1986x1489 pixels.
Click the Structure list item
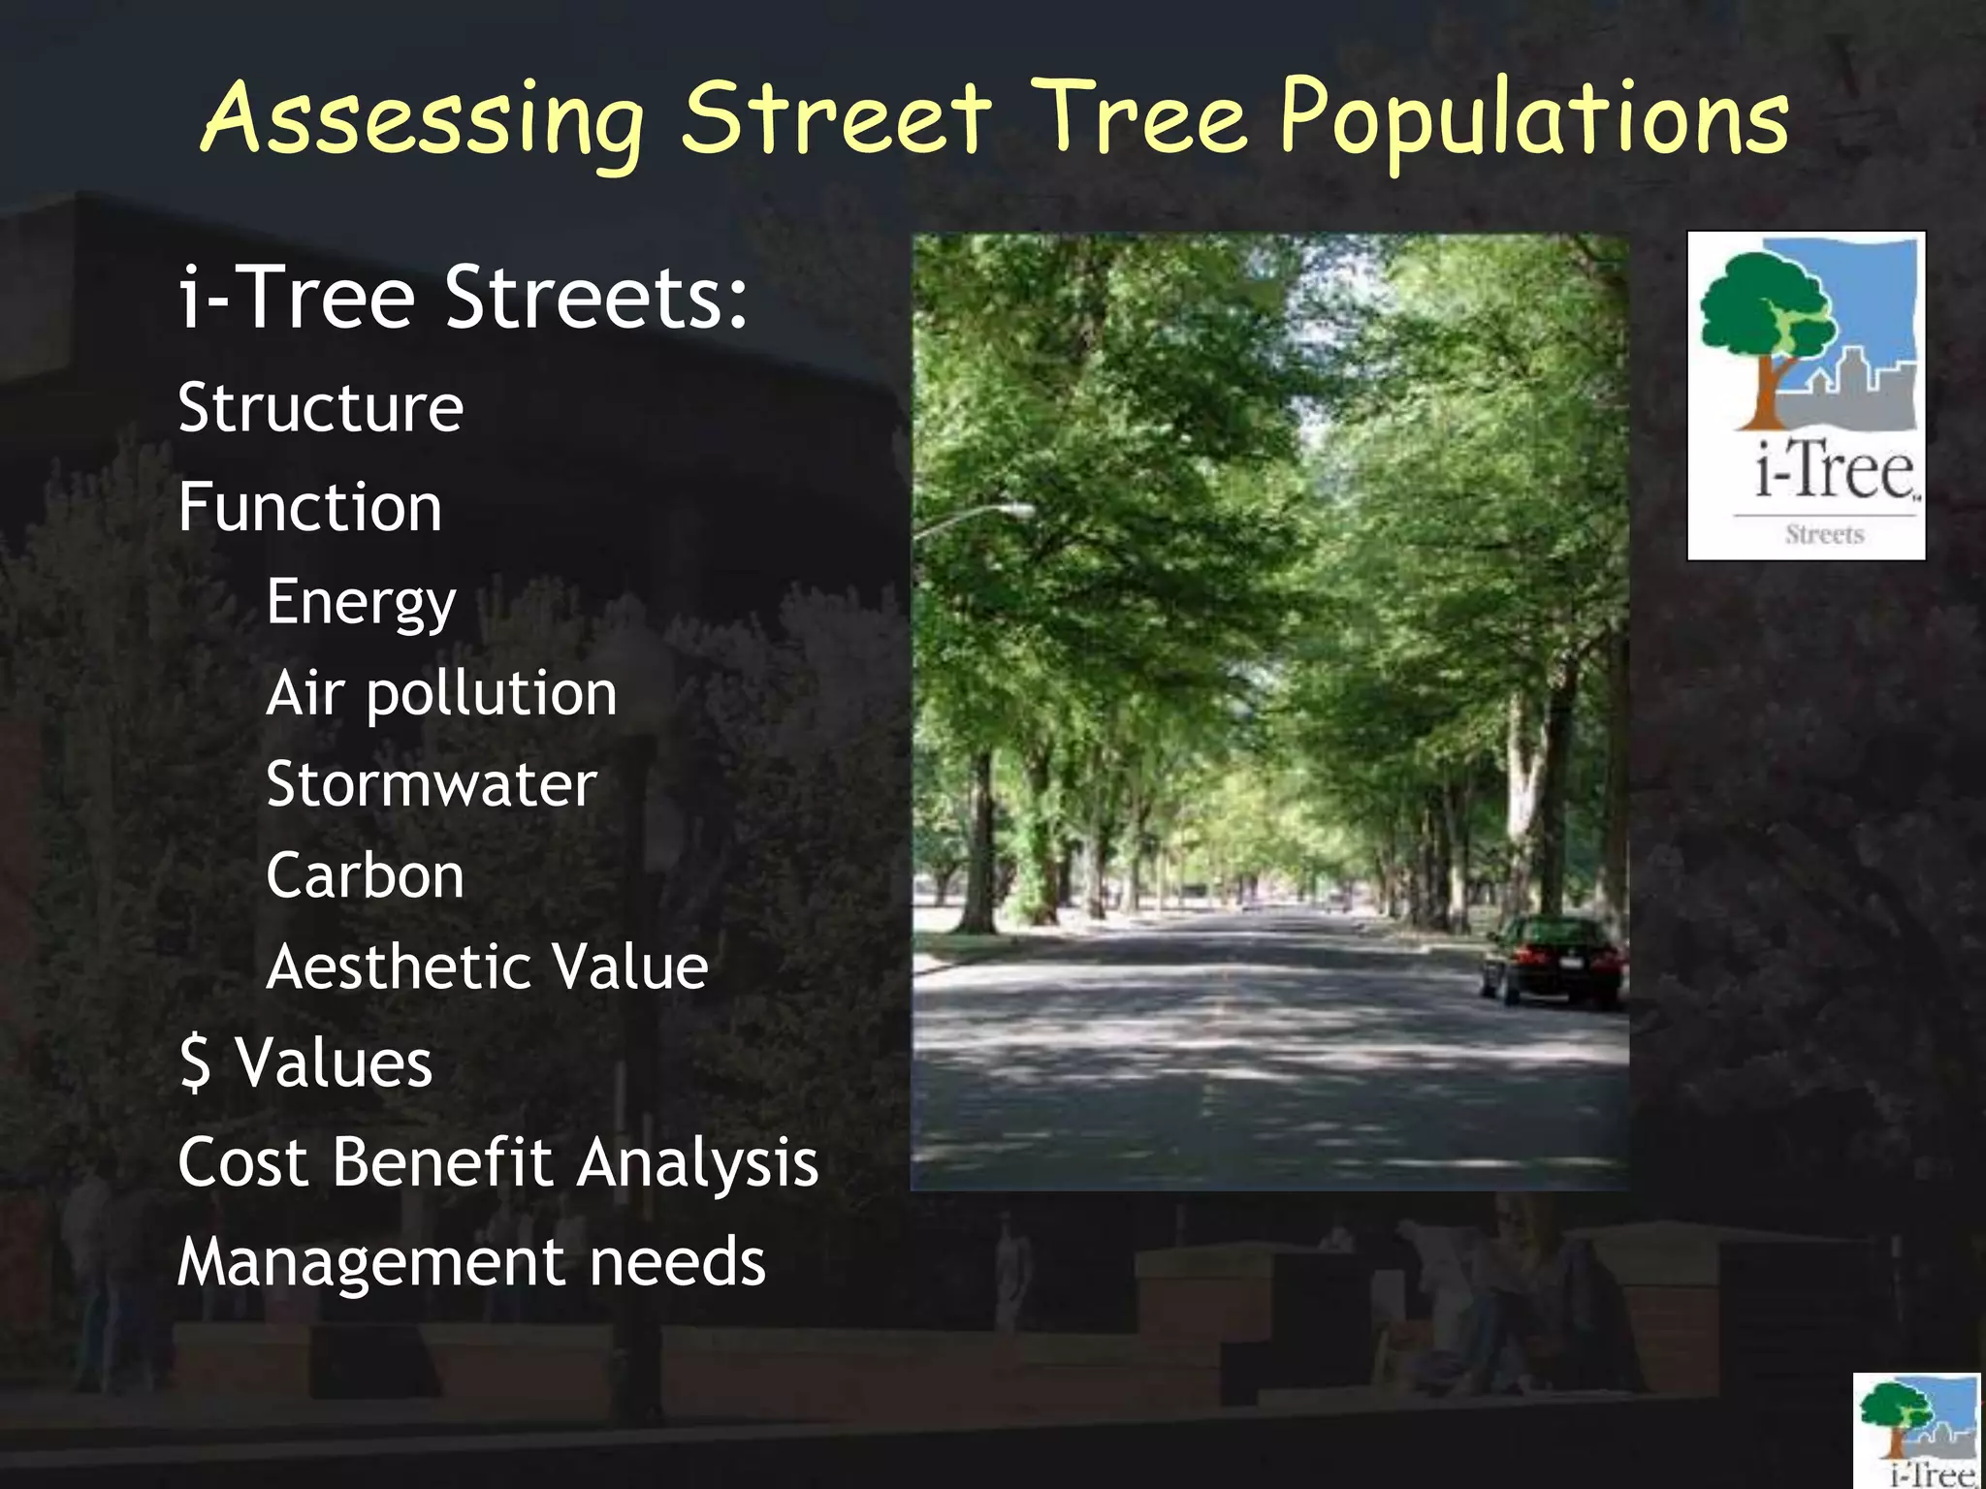pyautogui.click(x=320, y=408)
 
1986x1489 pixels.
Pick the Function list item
pyautogui.click(x=309, y=507)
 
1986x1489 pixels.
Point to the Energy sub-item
pyautogui.click(x=361, y=603)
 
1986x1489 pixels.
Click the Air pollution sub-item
pyautogui.click(x=441, y=694)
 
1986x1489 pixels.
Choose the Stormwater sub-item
pyautogui.click(x=431, y=784)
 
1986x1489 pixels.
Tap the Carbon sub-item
pyautogui.click(x=365, y=875)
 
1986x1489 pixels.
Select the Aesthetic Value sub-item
pyautogui.click(x=487, y=966)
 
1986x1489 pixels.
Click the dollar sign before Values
pyautogui.click(x=196, y=1062)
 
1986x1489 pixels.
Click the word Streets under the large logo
pyautogui.click(x=1824, y=535)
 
